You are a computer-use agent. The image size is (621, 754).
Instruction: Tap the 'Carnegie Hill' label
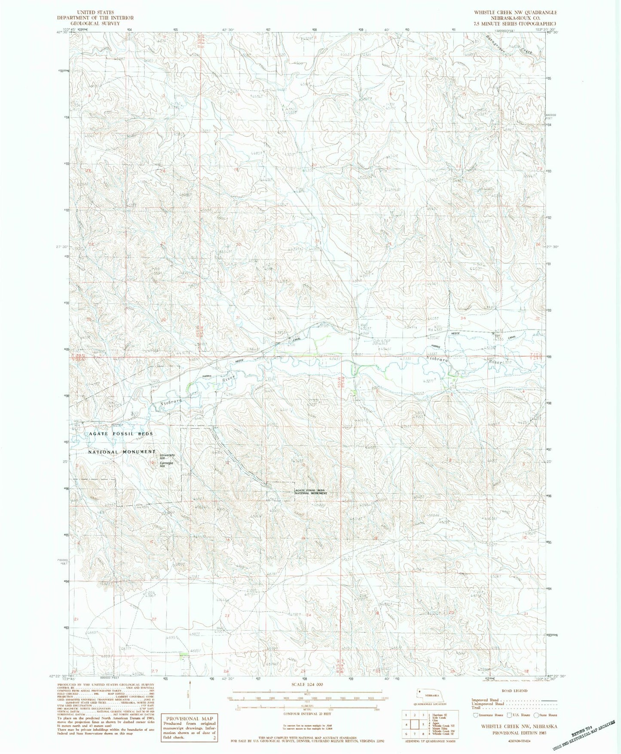click(167, 465)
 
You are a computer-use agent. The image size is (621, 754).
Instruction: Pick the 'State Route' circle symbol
click(536, 715)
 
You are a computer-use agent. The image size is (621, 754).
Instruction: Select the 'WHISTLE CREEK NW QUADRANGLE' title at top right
click(514, 12)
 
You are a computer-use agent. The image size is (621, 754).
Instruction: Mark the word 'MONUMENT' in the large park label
click(136, 452)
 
